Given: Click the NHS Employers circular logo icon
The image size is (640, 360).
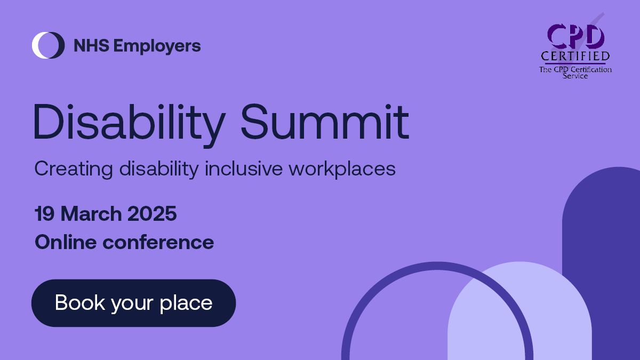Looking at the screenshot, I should click(x=48, y=45).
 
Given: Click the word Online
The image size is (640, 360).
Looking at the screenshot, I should click(x=66, y=242).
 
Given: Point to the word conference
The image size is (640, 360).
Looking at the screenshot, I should click(x=158, y=242).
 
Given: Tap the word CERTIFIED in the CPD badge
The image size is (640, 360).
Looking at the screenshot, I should click(x=575, y=56).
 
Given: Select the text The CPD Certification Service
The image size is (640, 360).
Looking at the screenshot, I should click(x=575, y=73).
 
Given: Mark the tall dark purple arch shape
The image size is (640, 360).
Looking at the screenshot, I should click(x=613, y=240).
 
